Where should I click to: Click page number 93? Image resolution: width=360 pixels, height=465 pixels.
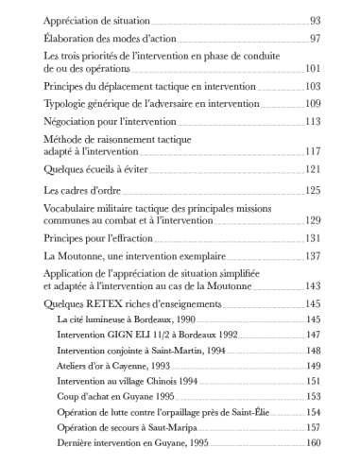pyautogui.click(x=315, y=21)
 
